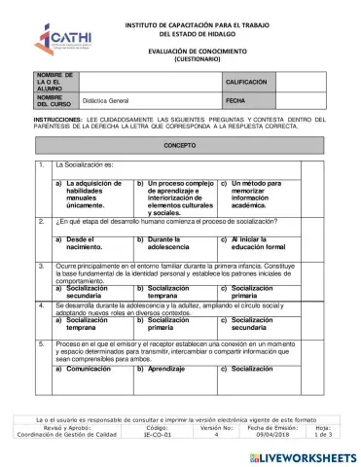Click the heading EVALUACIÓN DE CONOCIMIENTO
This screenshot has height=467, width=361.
point(184,51)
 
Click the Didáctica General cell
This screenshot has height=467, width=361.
point(107,100)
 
